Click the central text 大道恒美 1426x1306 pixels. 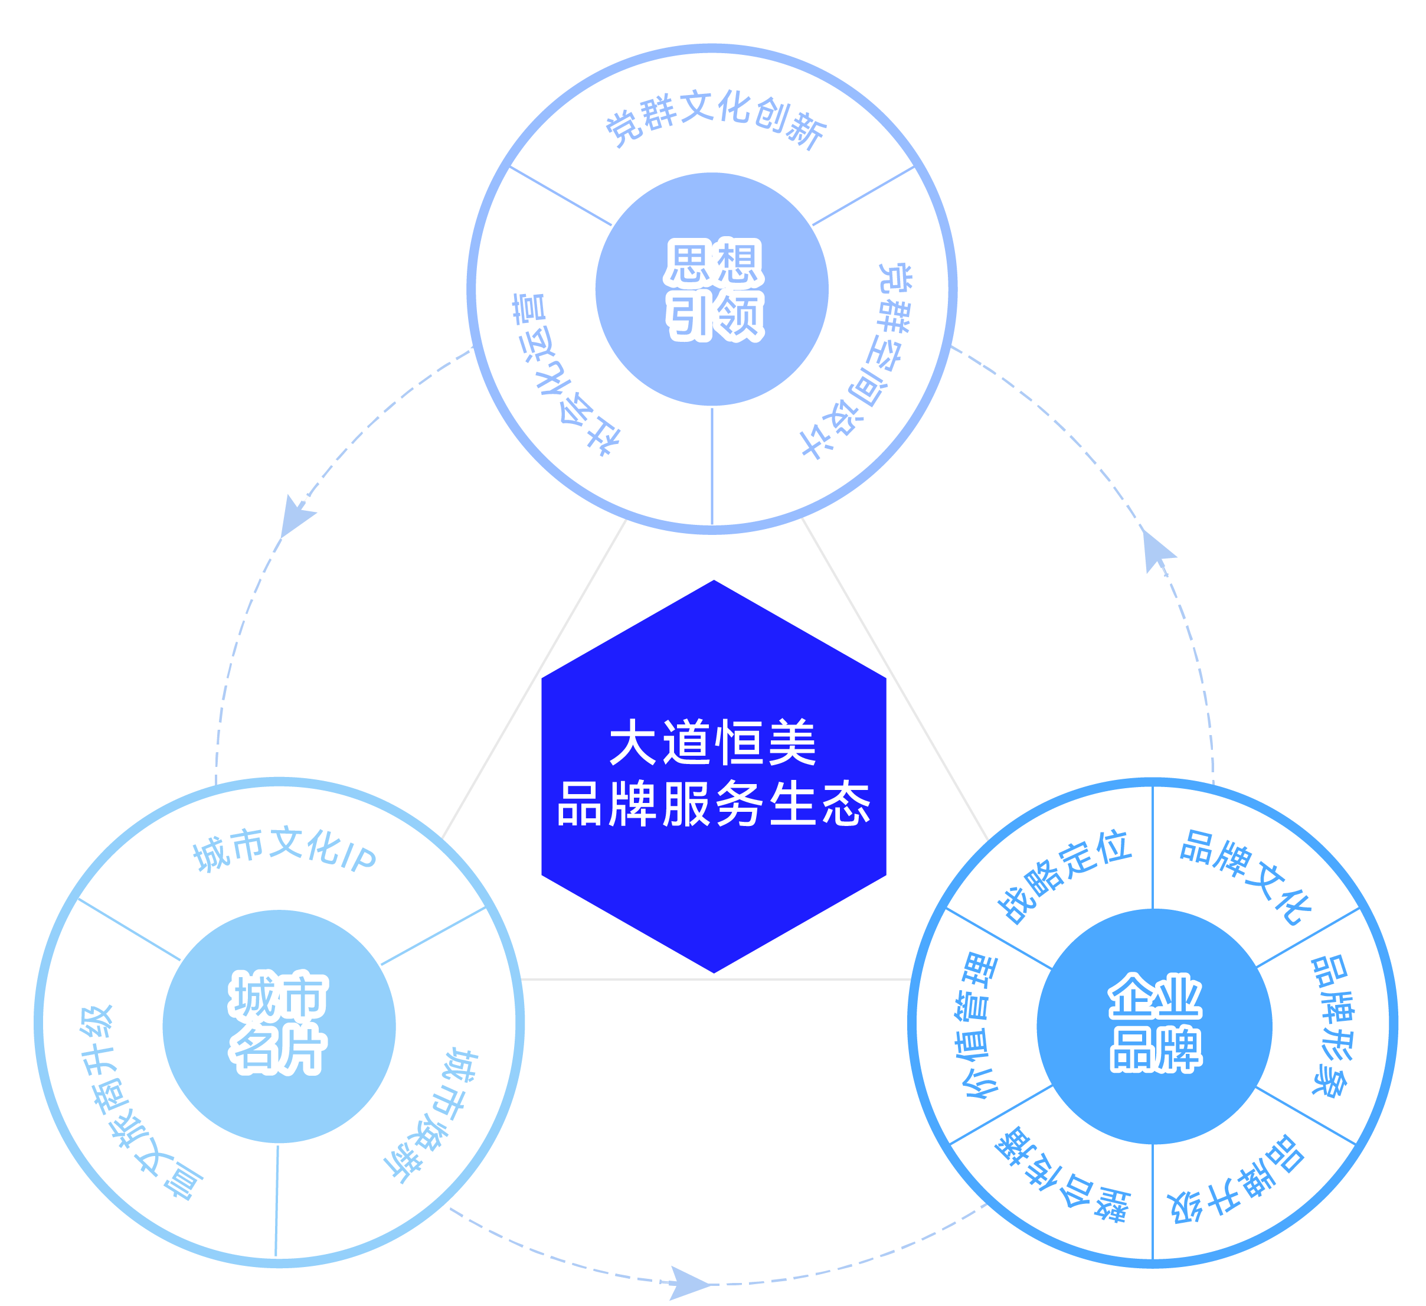pos(713,743)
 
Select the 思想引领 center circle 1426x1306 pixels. pos(712,289)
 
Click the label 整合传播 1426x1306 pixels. pos(1061,1178)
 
